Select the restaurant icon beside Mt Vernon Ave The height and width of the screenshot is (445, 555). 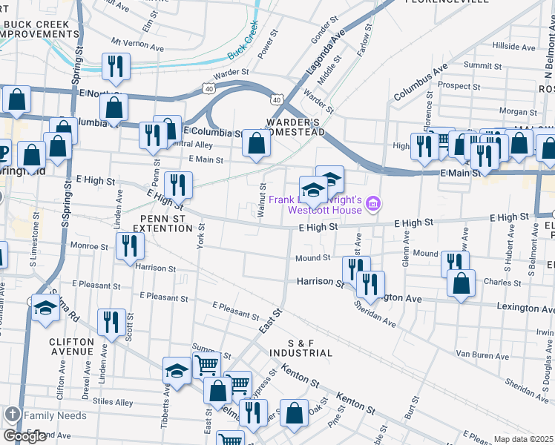[114, 66]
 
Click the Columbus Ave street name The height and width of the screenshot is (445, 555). [421, 82]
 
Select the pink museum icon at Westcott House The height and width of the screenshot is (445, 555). [373, 202]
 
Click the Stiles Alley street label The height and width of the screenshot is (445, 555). [114, 403]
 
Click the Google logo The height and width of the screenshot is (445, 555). [24, 436]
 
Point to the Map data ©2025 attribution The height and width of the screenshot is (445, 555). [523, 439]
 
